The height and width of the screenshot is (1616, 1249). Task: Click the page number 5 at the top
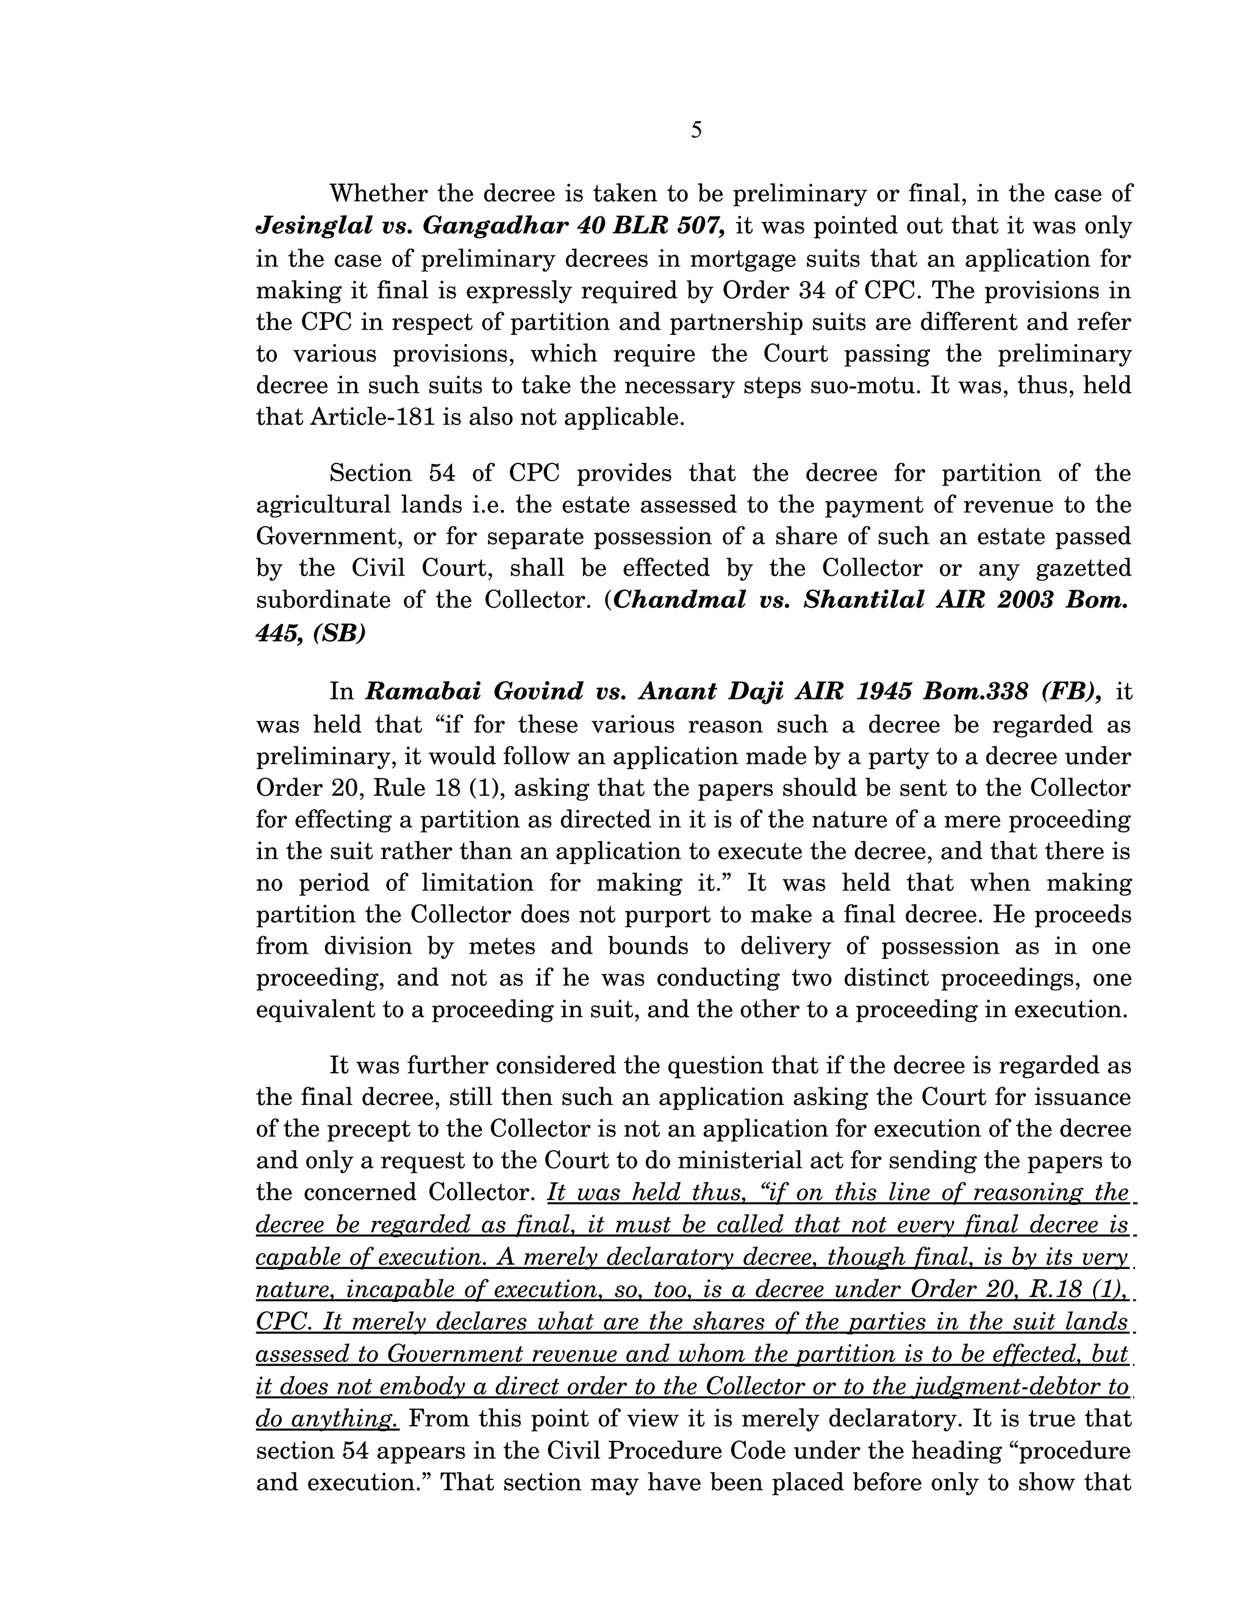click(696, 131)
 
